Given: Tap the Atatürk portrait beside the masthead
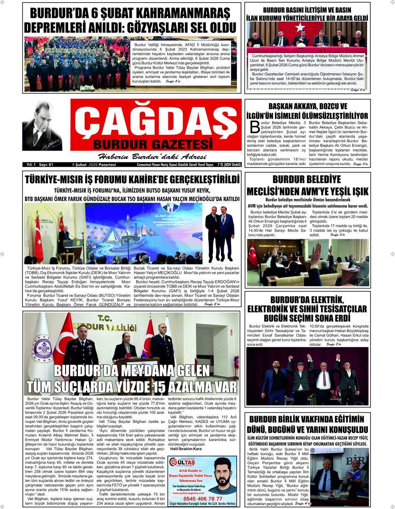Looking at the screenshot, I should click(42, 126).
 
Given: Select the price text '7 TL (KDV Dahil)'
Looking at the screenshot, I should click(229, 164).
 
